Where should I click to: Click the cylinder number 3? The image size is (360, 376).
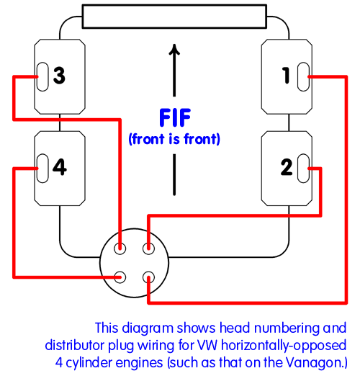tap(59, 76)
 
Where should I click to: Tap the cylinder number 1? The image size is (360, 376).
tap(286, 76)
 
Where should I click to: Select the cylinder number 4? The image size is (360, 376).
tap(60, 167)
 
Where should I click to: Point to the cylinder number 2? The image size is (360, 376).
tap(287, 167)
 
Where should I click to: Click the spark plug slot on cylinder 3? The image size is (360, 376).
tap(42, 76)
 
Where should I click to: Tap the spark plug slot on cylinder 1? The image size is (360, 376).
tap(303, 76)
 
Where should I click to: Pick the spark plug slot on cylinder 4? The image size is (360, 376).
tap(42, 169)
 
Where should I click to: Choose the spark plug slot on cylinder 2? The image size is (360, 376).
tap(303, 169)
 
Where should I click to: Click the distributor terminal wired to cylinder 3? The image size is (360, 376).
tap(120, 249)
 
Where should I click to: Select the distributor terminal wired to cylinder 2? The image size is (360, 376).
tap(148, 249)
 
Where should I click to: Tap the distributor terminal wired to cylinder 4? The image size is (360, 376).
tap(120, 277)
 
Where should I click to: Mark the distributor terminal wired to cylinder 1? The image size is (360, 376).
tap(148, 277)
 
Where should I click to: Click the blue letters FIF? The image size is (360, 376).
tap(175, 117)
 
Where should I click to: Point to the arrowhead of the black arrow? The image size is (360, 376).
tap(174, 50)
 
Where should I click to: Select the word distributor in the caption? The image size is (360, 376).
tap(75, 345)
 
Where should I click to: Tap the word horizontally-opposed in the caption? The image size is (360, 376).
tap(284, 346)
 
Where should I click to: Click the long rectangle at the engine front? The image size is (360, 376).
tap(174, 17)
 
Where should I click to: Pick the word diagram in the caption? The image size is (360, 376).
tap(148, 328)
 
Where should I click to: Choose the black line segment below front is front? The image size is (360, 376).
tap(174, 174)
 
